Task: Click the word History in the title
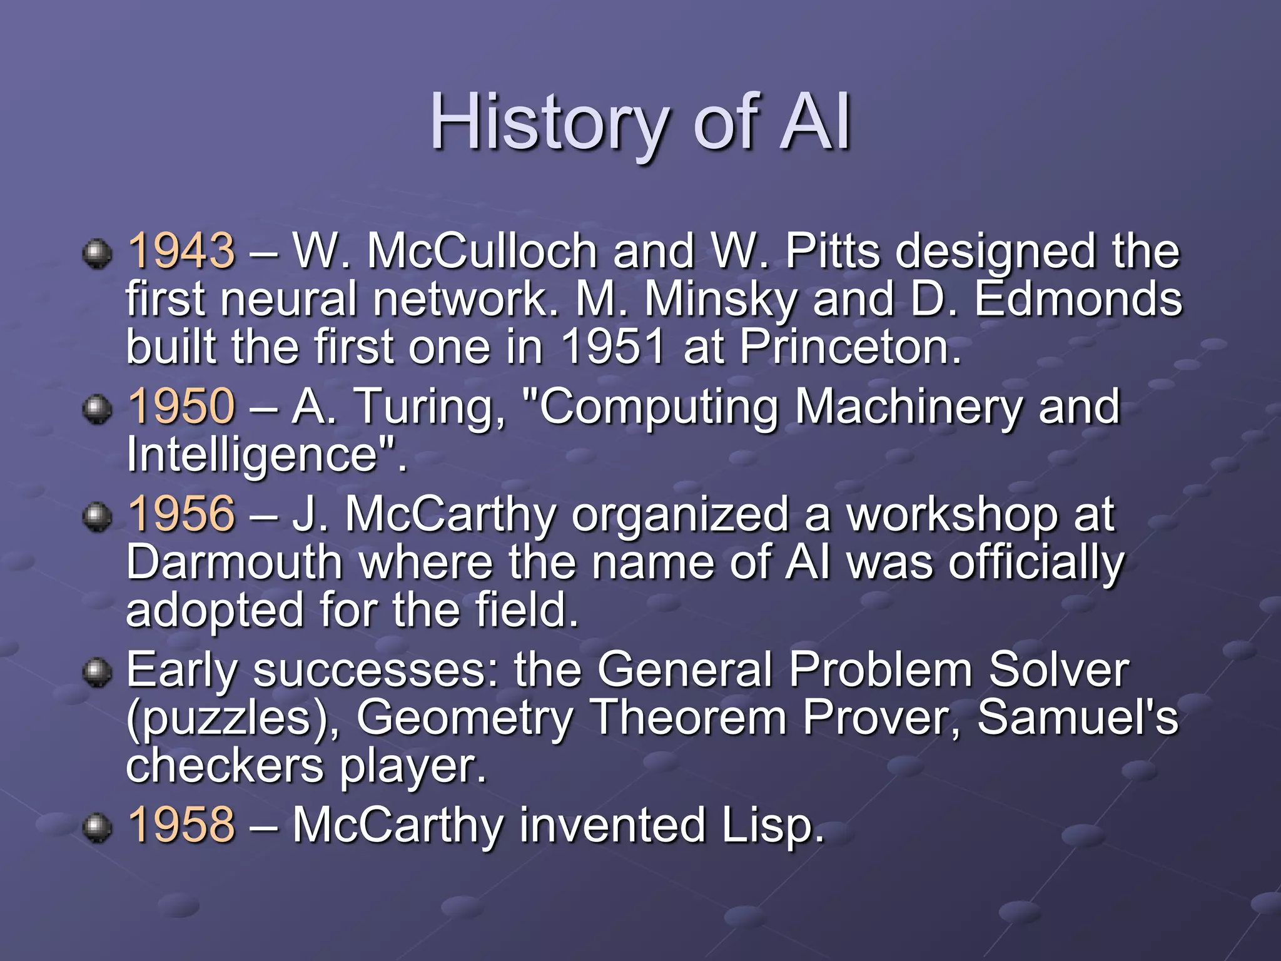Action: pos(549,122)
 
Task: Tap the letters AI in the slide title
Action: pos(816,122)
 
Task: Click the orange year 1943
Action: pos(181,251)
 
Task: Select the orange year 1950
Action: pos(181,406)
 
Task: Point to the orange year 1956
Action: pos(181,514)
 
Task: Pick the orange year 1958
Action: pos(181,825)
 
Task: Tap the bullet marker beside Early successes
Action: pos(97,673)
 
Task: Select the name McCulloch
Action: pos(482,251)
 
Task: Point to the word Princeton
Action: pos(851,347)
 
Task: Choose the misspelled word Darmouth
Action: pos(235,562)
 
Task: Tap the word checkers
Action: pos(225,766)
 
